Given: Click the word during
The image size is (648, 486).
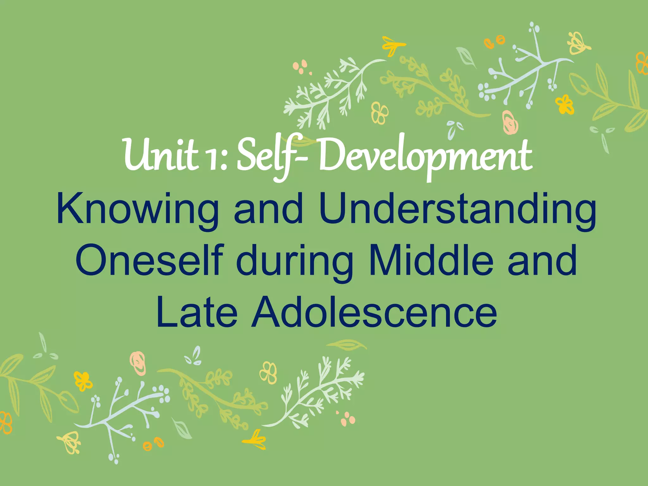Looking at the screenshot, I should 294,263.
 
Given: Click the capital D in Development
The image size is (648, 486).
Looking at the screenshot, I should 331,155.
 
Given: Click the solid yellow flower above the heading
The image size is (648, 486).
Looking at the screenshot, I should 565,105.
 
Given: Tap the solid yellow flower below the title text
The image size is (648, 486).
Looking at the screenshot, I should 83,381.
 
